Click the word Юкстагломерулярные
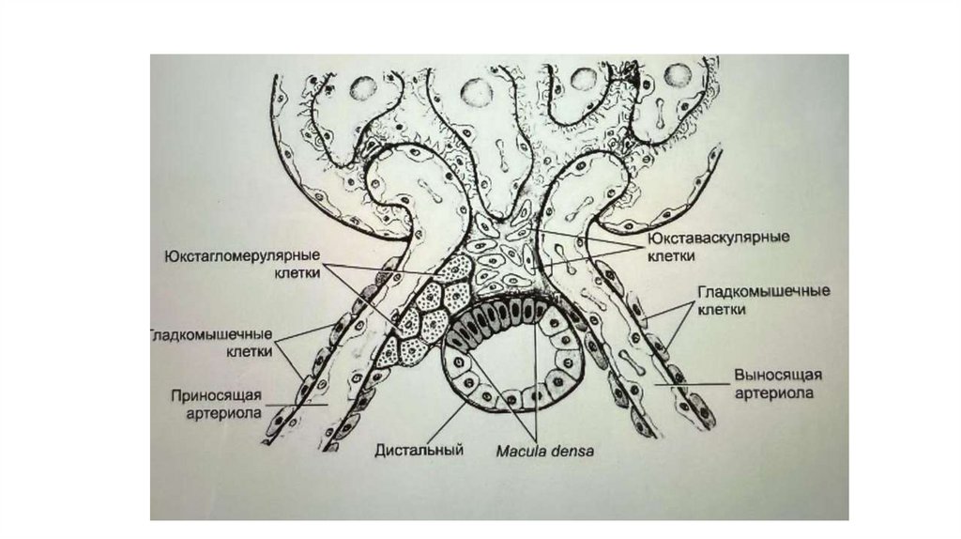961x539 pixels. pos(242,255)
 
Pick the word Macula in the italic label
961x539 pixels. pos(522,450)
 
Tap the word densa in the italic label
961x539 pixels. pos(572,450)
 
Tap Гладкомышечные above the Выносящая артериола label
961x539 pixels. pos(763,292)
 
